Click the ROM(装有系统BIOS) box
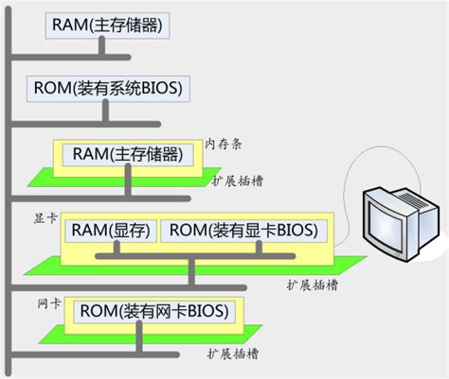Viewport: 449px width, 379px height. (106, 90)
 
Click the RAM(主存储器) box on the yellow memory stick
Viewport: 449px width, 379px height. (127, 153)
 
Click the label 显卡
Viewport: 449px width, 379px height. (44, 216)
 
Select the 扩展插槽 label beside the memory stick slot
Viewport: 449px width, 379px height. (233, 180)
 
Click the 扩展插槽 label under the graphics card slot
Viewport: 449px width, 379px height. (313, 283)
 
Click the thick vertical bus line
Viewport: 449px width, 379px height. (9, 189)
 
